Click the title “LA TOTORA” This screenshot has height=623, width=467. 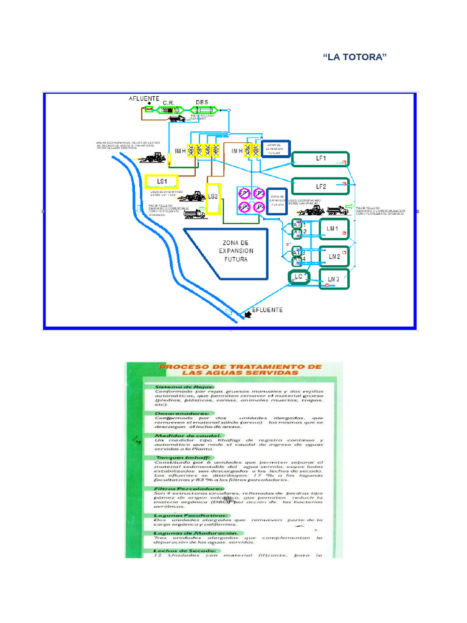coord(356,57)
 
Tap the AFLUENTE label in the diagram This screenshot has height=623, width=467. coord(144,99)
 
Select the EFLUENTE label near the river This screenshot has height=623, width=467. coord(267,310)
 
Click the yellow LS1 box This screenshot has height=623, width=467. coord(161,181)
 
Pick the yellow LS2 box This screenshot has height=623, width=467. coord(212,197)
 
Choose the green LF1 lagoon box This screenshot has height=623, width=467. coord(320,159)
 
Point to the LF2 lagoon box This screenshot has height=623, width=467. coord(320,186)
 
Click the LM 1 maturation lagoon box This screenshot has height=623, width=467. coord(332,229)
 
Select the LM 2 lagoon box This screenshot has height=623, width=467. coord(334,257)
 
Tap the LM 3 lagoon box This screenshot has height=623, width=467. coord(333,279)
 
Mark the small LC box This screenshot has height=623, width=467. coord(298,277)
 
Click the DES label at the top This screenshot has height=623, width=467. coord(202,102)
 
